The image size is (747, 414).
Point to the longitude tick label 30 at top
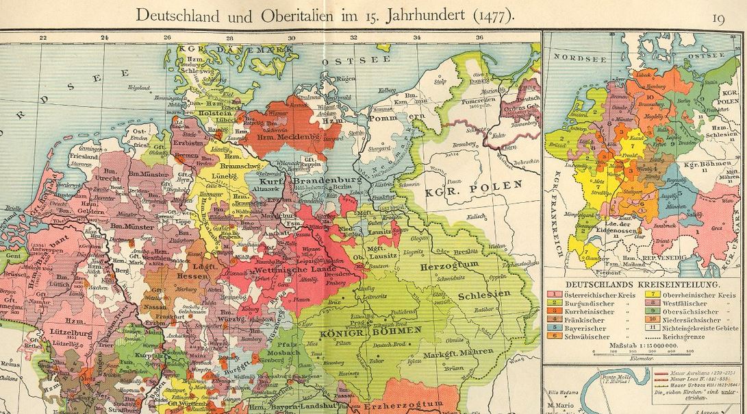coord(292,38)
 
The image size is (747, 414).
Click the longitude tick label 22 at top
coord(42,38)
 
